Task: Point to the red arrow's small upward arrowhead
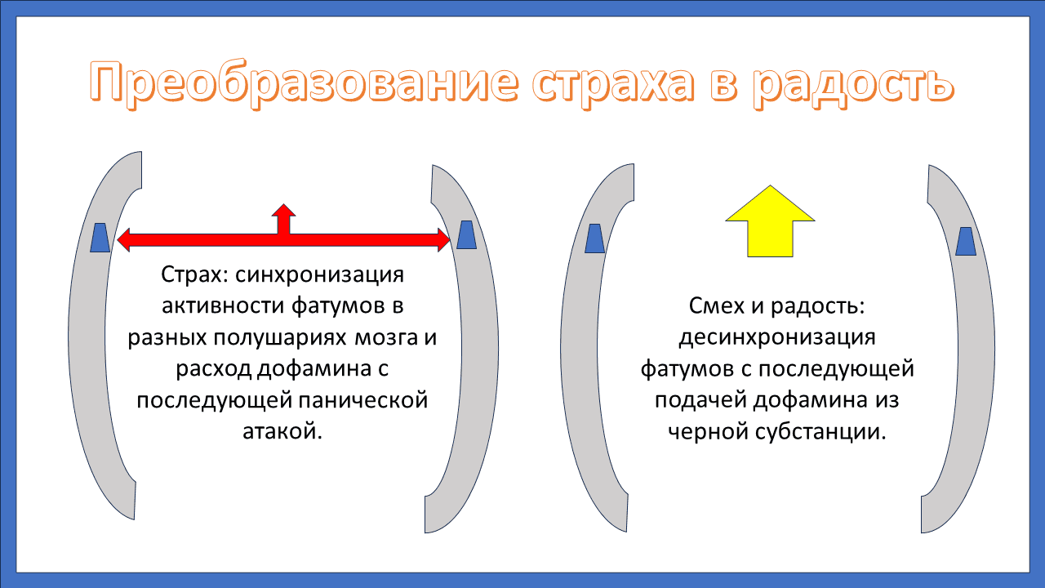pos(283,212)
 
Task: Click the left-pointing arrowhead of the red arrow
pos(125,240)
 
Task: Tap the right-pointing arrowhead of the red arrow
pos(443,240)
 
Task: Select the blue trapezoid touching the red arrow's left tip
pos(100,237)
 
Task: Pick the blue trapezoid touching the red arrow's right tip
pos(467,234)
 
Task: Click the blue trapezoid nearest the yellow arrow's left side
pos(595,238)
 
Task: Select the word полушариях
pos(290,338)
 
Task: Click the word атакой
pos(282,431)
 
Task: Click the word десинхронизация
pos(776,338)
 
